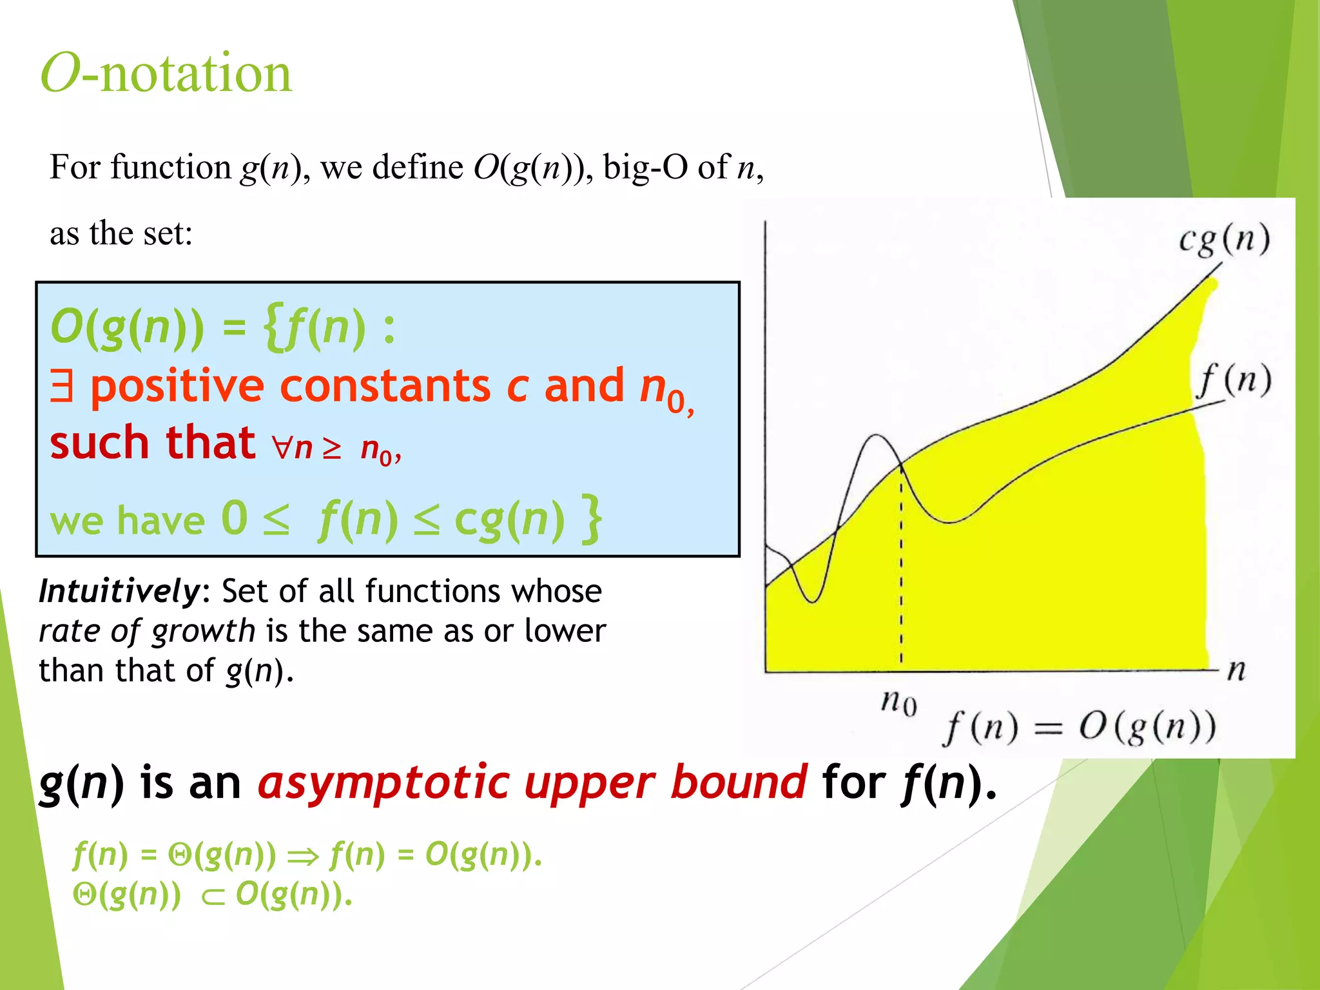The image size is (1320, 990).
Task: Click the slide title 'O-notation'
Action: (x=166, y=73)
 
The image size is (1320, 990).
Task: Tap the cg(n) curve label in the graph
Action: (x=1224, y=240)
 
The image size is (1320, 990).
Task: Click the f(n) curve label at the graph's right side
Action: (x=1234, y=380)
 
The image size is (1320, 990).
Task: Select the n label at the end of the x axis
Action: (x=1236, y=670)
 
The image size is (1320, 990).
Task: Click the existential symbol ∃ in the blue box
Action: (x=62, y=386)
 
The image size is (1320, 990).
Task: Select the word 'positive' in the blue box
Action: (x=177, y=387)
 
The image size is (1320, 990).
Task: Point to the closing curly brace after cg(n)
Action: (x=592, y=518)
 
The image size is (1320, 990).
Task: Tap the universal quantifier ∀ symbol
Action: (x=282, y=446)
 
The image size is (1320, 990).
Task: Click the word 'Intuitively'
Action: (x=120, y=591)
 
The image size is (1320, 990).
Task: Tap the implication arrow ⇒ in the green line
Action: (x=303, y=857)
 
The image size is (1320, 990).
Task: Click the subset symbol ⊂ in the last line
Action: (x=213, y=897)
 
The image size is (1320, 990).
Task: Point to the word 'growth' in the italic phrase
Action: (x=204, y=631)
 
